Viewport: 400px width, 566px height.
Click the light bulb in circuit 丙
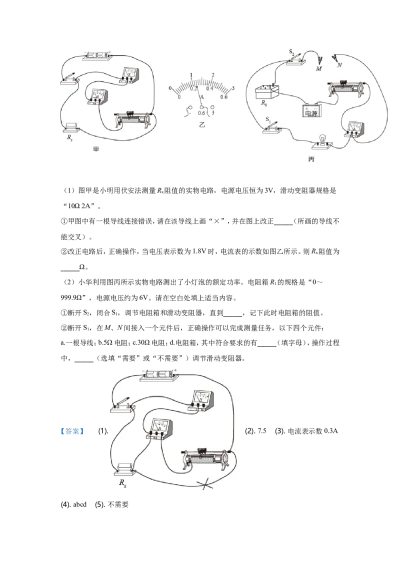point(321,141)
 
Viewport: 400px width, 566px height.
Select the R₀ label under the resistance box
point(264,103)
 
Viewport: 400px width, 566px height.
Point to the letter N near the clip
point(339,65)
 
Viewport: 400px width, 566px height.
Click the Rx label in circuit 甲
point(69,137)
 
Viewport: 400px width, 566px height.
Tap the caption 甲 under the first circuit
point(95,149)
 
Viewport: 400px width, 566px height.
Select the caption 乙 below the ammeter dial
point(202,124)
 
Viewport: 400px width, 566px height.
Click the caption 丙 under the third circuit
point(311,159)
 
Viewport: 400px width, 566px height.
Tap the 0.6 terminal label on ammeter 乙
point(201,113)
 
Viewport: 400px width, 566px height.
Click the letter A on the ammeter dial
point(202,96)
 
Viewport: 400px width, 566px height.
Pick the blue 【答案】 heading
point(72,431)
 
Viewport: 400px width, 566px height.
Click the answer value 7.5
point(261,430)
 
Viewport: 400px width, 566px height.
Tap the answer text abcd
point(80,504)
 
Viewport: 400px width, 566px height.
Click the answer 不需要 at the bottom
point(118,504)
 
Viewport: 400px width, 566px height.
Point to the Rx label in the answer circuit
point(122,483)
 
